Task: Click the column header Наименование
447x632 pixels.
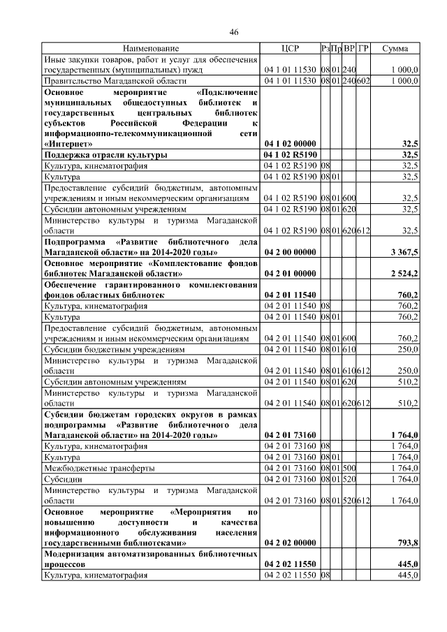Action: click(x=151, y=49)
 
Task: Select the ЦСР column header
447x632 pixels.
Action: click(x=289, y=49)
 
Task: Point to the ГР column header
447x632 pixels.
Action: click(x=363, y=49)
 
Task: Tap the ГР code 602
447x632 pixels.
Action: click(x=363, y=81)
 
